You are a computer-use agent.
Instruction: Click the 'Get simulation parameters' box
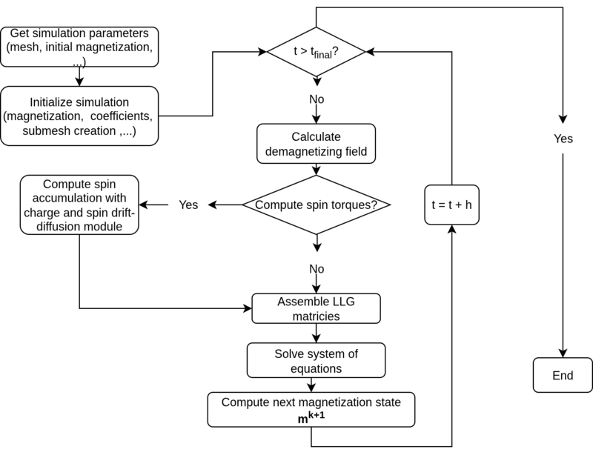pyautogui.click(x=79, y=47)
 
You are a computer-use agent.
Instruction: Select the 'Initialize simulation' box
pyautogui.click(x=79, y=116)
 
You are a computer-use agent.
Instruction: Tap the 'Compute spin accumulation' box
pyautogui.click(x=79, y=205)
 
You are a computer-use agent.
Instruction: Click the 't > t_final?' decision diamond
pyautogui.click(x=316, y=52)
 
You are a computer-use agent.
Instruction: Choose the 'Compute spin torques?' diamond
pyautogui.click(x=316, y=205)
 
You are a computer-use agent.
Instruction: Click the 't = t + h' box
pyautogui.click(x=451, y=205)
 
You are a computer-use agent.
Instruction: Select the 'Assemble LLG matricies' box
pyautogui.click(x=316, y=309)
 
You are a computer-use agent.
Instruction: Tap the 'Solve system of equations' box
pyautogui.click(x=316, y=361)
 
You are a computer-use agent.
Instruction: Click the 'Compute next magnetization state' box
pyautogui.click(x=311, y=409)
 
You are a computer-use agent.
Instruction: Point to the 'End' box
pyautogui.click(x=563, y=376)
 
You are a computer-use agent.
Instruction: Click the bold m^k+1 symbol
pyautogui.click(x=311, y=417)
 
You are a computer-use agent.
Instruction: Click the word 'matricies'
pyautogui.click(x=316, y=316)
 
